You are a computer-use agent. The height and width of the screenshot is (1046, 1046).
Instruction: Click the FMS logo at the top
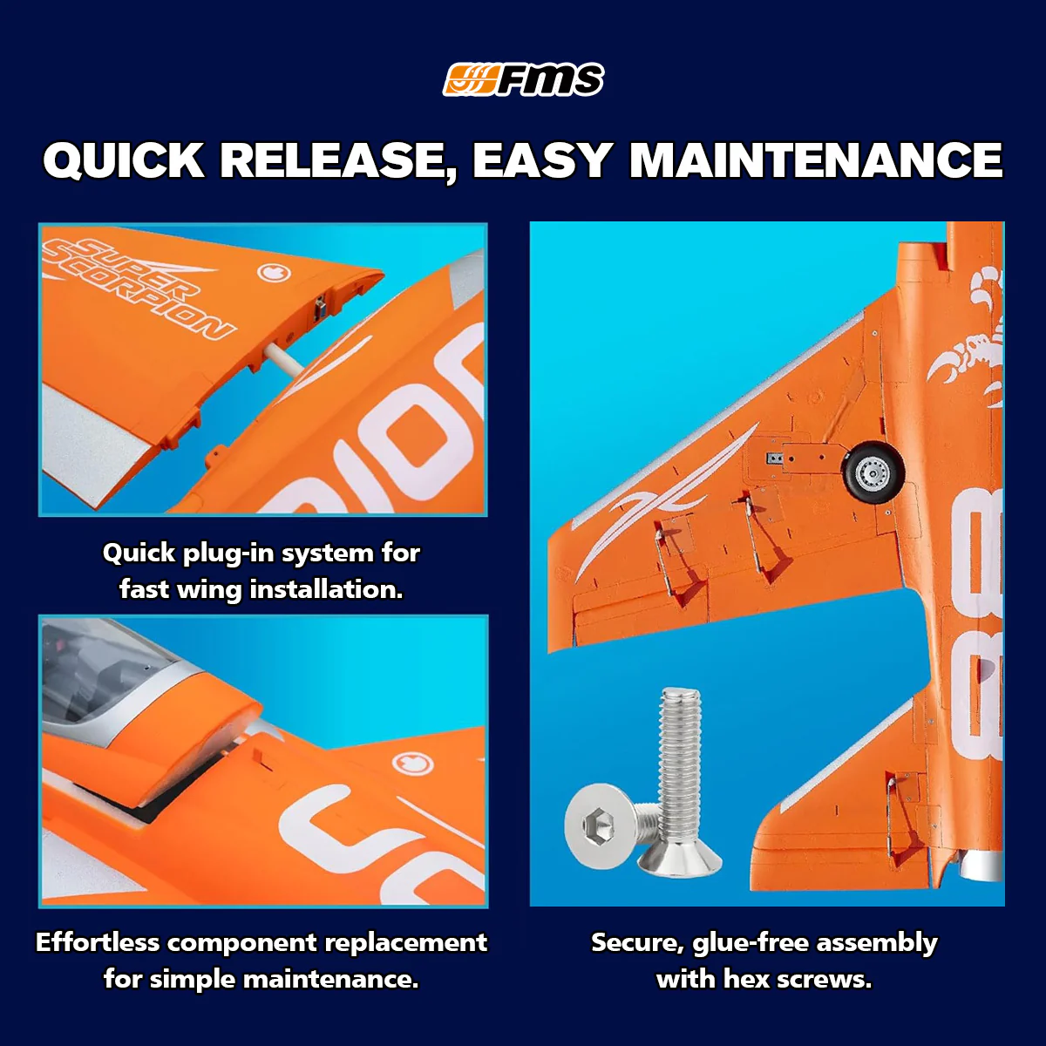[x=523, y=80]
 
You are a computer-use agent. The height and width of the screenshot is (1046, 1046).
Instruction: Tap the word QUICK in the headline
[x=123, y=160]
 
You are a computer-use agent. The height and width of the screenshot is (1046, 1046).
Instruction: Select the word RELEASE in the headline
[x=334, y=160]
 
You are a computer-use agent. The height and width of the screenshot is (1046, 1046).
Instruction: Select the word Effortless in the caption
[x=98, y=943]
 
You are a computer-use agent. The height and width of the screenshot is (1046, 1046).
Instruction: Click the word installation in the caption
[x=326, y=590]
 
